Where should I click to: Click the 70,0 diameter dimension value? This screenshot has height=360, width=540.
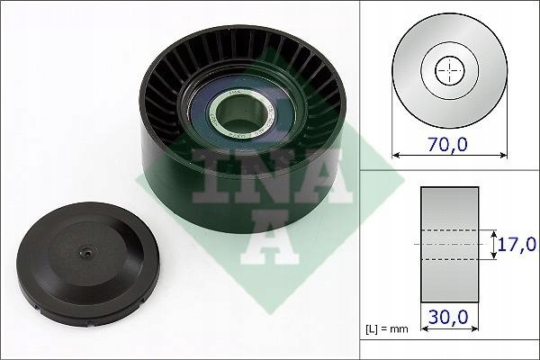447,144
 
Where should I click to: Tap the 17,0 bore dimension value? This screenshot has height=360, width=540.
517,244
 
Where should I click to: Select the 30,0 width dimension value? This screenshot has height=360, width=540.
448,317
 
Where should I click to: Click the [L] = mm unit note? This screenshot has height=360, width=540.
386,329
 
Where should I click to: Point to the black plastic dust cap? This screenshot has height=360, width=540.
88,264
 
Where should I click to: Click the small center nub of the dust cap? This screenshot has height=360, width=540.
88,253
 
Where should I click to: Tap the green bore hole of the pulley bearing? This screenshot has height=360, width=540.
240,113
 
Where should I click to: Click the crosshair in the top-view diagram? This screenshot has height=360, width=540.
450,70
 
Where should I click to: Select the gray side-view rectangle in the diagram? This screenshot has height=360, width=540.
450,245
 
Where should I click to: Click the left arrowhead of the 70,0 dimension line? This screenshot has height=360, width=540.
396,156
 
